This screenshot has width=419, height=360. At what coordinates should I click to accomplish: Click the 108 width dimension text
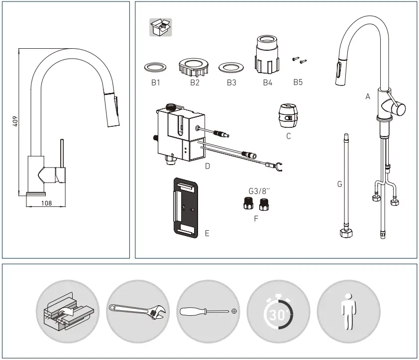pyautogui.click(x=46, y=202)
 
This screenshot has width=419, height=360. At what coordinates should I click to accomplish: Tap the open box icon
pyautogui.click(x=160, y=28)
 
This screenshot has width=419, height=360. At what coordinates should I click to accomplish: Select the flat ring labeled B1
pyautogui.click(x=155, y=67)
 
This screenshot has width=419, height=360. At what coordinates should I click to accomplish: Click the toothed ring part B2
pyautogui.click(x=194, y=66)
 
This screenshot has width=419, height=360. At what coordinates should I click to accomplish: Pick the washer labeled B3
pyautogui.click(x=231, y=67)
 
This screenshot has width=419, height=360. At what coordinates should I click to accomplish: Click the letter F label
pyautogui.click(x=256, y=218)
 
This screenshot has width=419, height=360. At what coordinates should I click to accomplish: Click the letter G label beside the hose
pyautogui.click(x=339, y=184)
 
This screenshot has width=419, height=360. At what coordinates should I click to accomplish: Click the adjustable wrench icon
pyautogui.click(x=139, y=312)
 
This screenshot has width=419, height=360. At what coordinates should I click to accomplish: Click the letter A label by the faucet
pyautogui.click(x=368, y=97)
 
